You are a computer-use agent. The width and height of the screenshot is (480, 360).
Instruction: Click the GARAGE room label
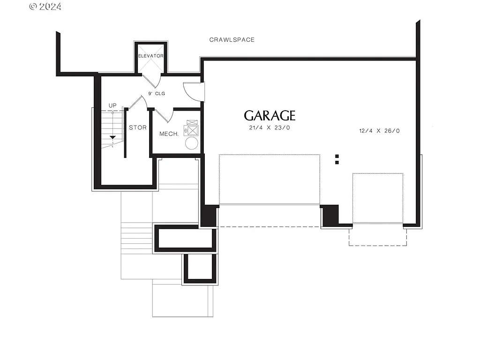point(270,115)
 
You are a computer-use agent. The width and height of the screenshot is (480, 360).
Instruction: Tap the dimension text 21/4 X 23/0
point(270,128)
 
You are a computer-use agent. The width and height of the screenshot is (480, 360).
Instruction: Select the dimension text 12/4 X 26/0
point(376,131)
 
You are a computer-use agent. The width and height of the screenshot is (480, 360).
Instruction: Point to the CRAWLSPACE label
point(232,40)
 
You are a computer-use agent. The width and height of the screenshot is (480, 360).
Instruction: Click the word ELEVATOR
point(150,56)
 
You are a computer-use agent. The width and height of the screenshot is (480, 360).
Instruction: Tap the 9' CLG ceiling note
point(157,94)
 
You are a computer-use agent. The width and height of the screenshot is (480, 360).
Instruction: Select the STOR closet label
point(138,127)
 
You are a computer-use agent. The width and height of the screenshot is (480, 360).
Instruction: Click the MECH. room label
point(169,134)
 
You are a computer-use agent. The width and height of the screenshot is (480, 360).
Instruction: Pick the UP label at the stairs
point(112,106)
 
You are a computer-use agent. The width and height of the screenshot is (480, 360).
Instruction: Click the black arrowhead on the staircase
point(112,137)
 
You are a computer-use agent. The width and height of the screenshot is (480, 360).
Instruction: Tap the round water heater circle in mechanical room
point(192,142)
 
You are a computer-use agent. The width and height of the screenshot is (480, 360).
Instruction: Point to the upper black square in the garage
point(337,156)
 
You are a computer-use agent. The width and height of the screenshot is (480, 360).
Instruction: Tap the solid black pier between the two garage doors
point(330,215)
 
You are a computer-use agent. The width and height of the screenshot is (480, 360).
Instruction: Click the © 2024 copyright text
point(45,7)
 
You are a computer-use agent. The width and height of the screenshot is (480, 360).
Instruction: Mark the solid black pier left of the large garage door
point(208,217)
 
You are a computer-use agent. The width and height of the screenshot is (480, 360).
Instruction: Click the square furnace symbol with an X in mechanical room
point(192,129)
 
